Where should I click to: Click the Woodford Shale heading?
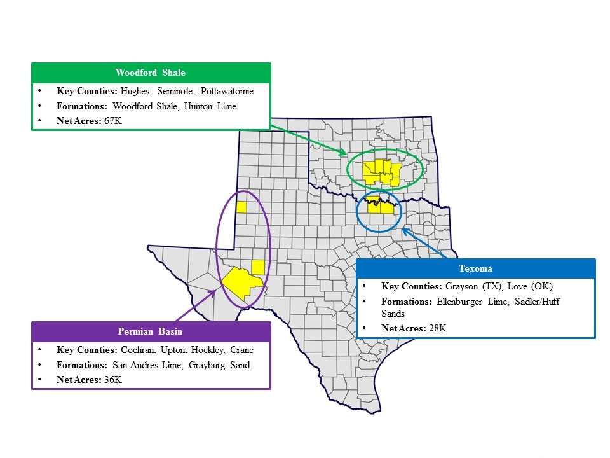coord(151,73)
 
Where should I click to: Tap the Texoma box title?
coord(475,268)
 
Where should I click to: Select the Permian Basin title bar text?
coord(151,331)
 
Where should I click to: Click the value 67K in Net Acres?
coord(112,120)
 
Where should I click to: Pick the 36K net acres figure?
coord(112,380)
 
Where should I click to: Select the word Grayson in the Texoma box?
coord(461,286)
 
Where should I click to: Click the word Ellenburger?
coord(456,302)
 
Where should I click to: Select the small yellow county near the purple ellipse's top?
coord(241,207)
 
